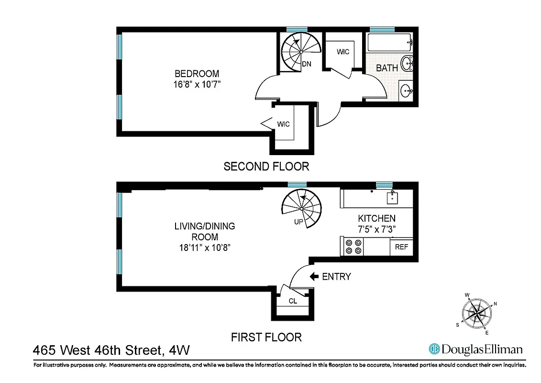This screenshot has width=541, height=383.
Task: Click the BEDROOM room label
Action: pos(197,74)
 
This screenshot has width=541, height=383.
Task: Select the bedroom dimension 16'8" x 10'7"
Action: pos(197,85)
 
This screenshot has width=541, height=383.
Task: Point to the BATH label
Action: pos(387,68)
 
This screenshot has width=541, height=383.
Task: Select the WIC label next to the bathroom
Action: pos(343,52)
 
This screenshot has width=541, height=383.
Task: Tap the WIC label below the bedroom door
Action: pos(284,124)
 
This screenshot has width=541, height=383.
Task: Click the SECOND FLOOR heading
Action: pos(266,167)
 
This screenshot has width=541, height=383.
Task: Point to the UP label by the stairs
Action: pos(298,222)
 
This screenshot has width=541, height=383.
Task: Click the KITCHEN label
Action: pos(377,218)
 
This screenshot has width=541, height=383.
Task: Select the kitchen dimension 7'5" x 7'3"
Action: pos(377,229)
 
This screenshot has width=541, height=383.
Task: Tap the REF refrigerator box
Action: pos(401,248)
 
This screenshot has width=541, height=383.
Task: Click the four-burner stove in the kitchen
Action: pos(353,246)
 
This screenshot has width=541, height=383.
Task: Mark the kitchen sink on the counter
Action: pos(392,196)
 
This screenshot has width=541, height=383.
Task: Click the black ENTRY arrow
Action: pos(314,276)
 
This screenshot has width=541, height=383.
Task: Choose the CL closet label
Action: pos(293,301)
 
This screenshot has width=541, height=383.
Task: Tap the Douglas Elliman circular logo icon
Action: pos(434,349)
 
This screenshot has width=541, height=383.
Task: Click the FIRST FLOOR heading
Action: pos(266,337)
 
